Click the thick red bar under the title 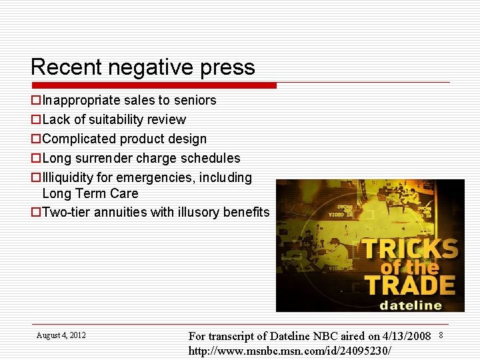154,85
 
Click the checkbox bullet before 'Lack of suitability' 36,120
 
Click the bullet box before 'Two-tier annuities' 36,213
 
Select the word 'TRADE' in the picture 409,284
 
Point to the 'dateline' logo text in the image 411,305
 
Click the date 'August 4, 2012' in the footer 61,335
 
